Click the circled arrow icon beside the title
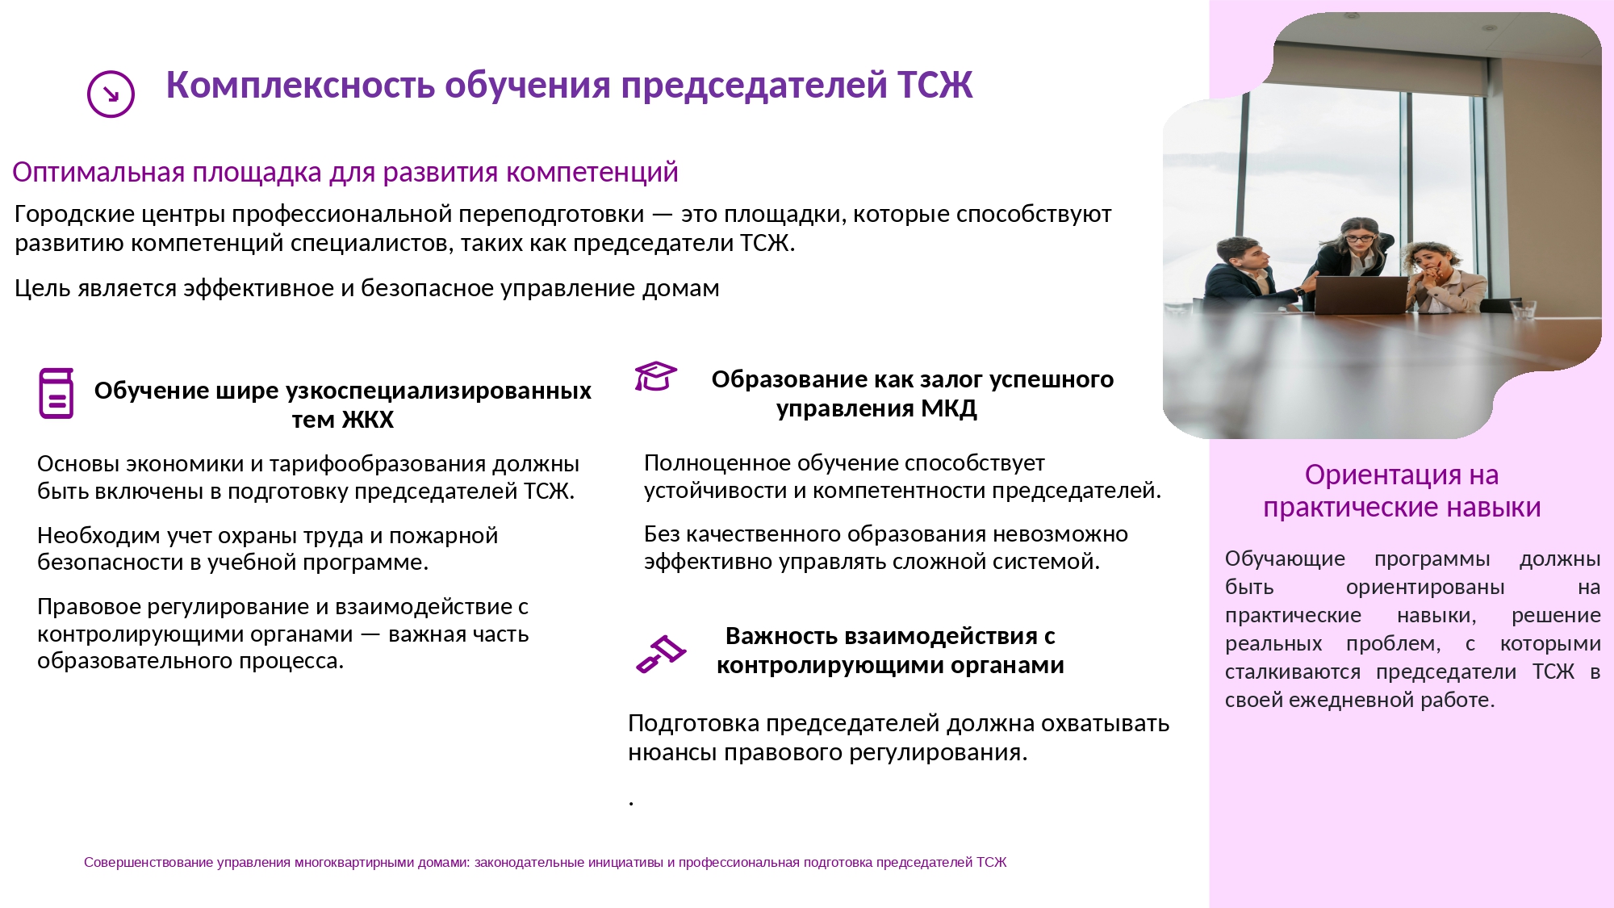[111, 94]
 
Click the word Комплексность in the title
[300, 85]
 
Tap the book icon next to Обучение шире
[56, 393]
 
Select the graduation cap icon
[655, 376]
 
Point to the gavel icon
[660, 654]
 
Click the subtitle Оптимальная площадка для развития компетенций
[345, 173]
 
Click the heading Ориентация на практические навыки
[1402, 491]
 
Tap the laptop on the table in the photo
[1361, 295]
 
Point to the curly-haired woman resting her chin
[1440, 278]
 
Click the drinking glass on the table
[1523, 312]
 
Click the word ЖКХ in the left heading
[368, 420]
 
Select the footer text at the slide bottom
[546, 862]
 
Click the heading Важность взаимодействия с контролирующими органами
[890, 651]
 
